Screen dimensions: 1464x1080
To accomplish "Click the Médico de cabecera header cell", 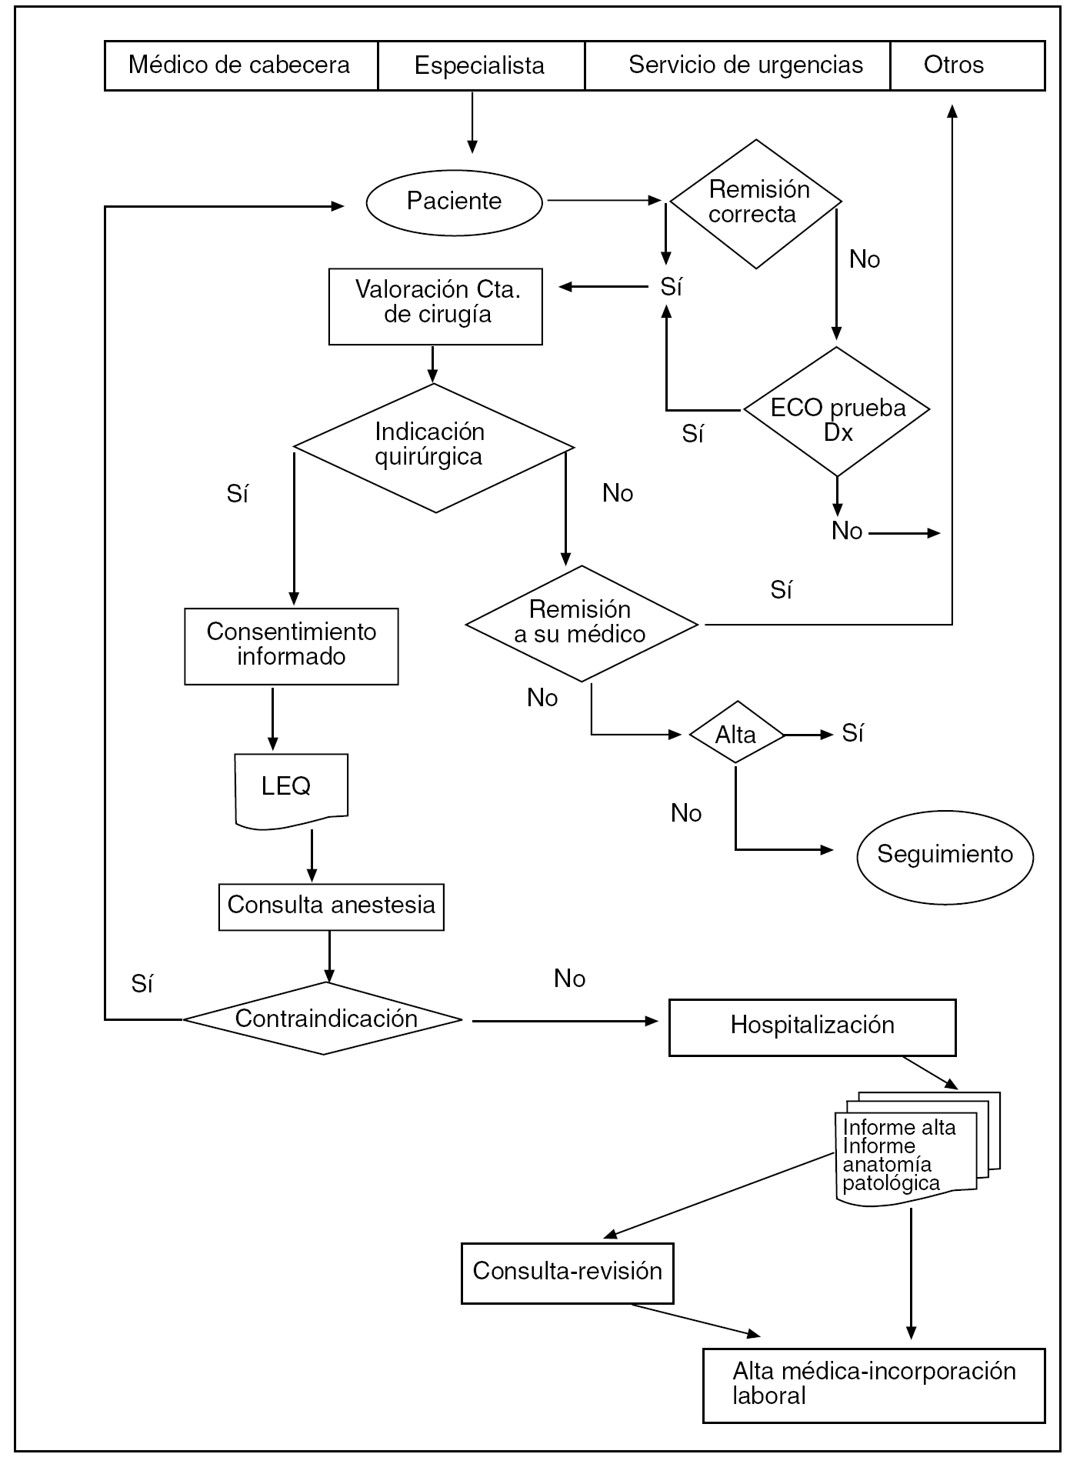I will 241,65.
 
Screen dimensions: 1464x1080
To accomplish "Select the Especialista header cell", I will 481,65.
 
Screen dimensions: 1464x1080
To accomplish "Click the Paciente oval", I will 454,202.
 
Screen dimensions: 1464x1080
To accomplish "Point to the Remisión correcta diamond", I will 756,203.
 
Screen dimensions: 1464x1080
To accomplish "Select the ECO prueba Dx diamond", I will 837,412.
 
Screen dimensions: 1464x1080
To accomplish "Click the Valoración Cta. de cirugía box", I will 435,306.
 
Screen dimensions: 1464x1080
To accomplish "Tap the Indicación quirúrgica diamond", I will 433,447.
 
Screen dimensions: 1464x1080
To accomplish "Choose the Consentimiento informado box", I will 292,646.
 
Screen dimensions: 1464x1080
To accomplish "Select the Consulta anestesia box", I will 332,907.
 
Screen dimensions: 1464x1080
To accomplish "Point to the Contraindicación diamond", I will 324,1019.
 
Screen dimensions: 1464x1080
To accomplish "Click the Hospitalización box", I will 812,1027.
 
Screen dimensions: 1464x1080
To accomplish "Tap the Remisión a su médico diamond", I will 582,623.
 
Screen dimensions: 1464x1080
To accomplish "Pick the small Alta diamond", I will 736,734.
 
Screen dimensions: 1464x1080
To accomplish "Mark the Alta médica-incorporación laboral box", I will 874,1385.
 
